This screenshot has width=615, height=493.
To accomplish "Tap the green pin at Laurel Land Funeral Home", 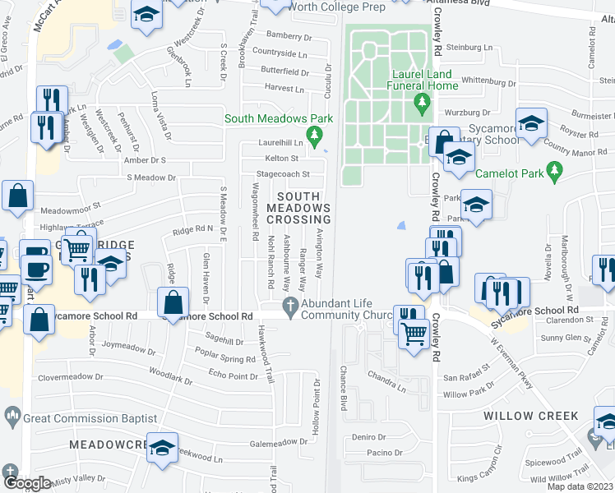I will click(x=423, y=103).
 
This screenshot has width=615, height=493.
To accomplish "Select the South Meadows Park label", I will click(x=280, y=118).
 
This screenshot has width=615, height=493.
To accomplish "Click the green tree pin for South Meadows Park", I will click(x=312, y=134).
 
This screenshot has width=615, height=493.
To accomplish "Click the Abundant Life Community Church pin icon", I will click(x=289, y=307).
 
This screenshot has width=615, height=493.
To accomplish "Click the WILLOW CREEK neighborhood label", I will click(x=530, y=416).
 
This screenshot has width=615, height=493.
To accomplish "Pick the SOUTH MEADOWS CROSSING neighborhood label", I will click(x=303, y=208).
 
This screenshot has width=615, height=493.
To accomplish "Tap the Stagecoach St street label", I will click(x=283, y=174).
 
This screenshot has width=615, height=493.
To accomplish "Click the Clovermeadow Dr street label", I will click(x=74, y=378).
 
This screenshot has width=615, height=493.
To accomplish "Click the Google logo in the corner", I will click(x=26, y=483).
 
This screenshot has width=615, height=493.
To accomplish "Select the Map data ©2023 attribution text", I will click(x=580, y=486).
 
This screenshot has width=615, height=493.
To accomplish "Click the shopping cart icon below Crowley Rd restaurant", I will click(x=414, y=332).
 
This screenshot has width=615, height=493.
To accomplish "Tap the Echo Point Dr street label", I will click(x=234, y=376).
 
